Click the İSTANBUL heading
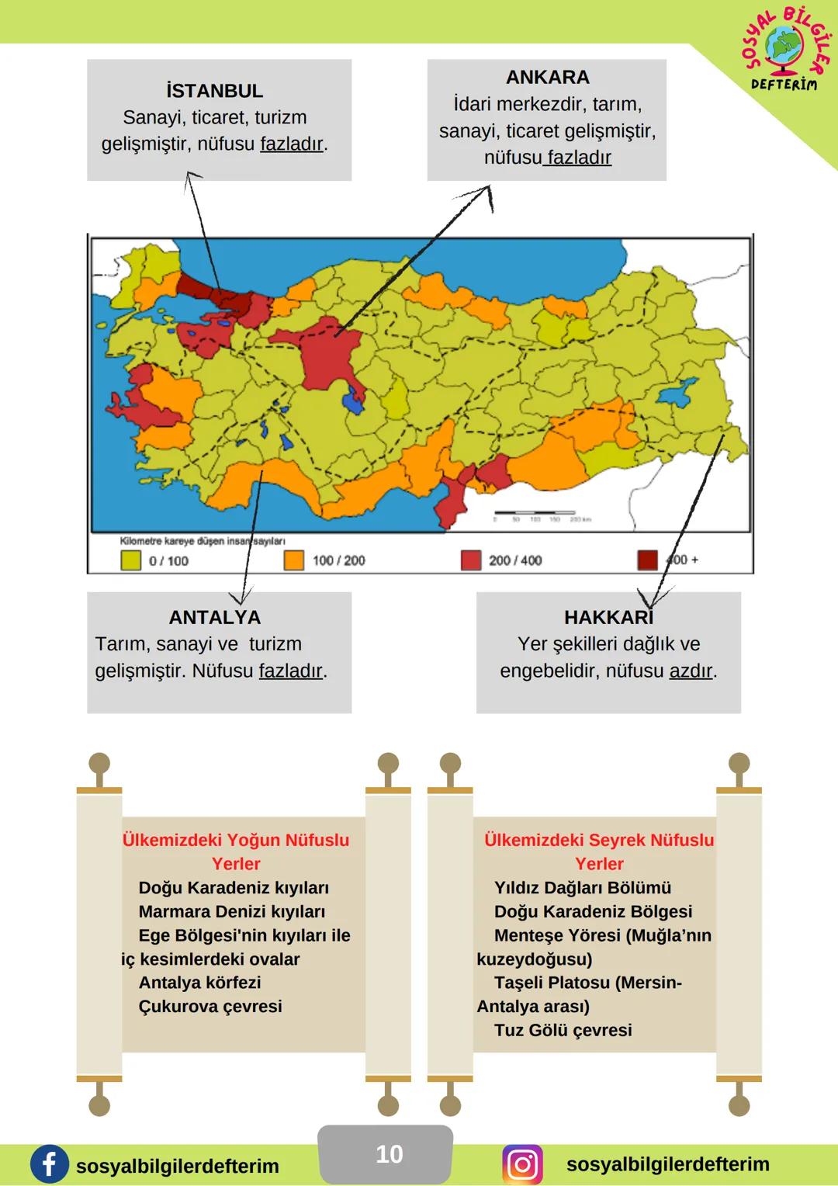[x=214, y=91]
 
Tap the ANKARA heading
[x=547, y=77]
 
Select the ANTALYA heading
[x=214, y=617]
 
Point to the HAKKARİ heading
[x=608, y=617]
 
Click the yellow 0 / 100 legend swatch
[x=130, y=560]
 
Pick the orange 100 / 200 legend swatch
[x=294, y=560]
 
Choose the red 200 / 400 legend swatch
[x=471, y=560]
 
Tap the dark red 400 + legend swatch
[x=647, y=560]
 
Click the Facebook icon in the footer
[x=49, y=1164]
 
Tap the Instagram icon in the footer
[x=522, y=1164]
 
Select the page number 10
[x=389, y=1154]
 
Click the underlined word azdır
[x=691, y=671]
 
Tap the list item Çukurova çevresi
[x=209, y=1007]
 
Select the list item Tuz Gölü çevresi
[x=563, y=1031]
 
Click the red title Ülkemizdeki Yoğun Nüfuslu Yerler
[x=236, y=851]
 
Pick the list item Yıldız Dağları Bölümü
[x=582, y=888]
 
